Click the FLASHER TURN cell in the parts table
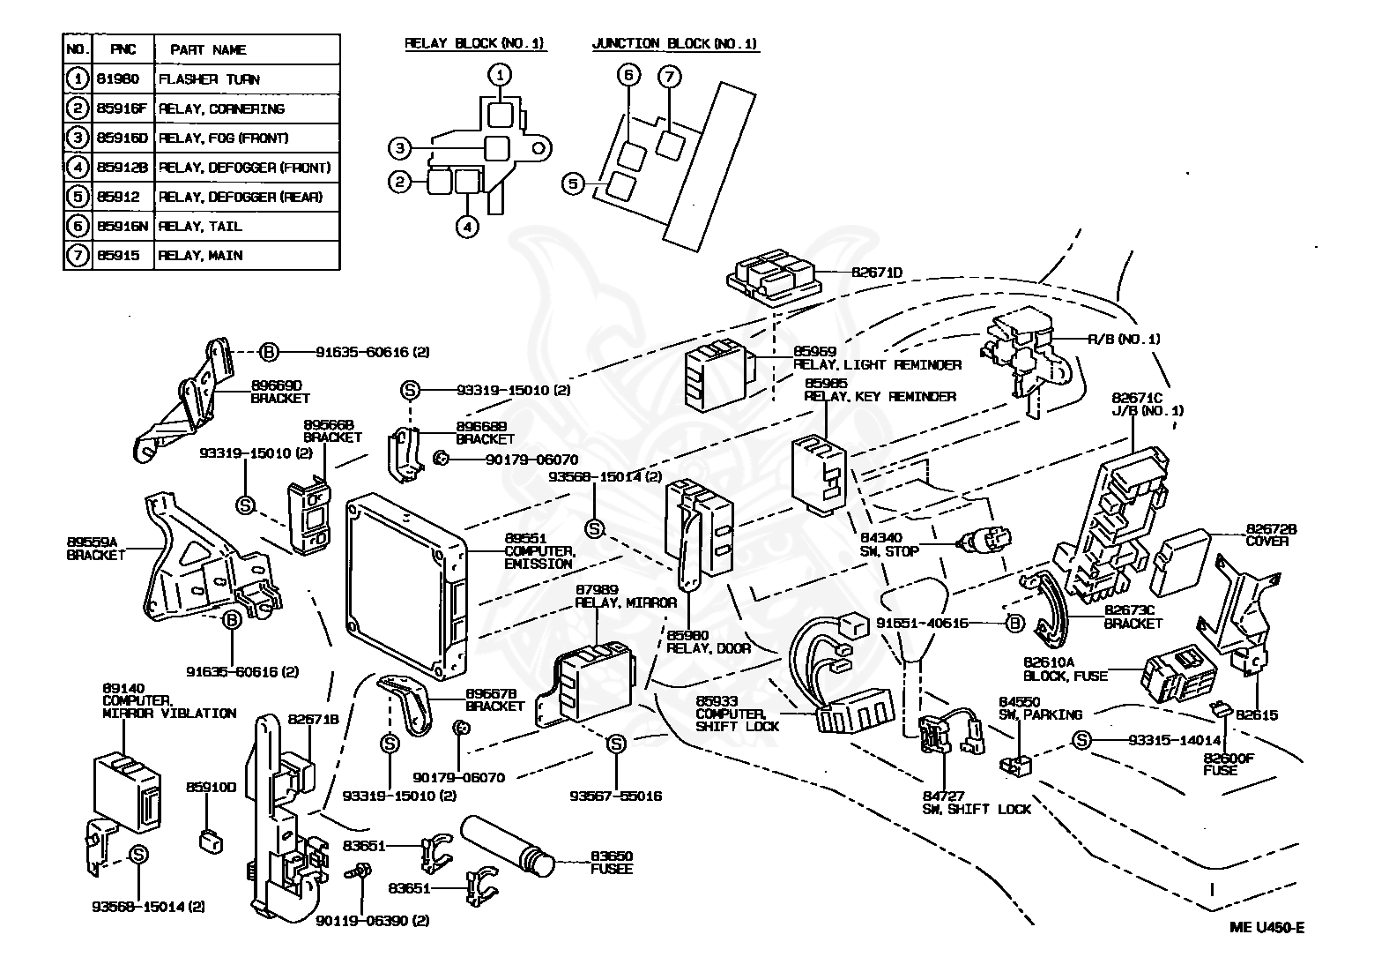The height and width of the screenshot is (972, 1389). point(209,79)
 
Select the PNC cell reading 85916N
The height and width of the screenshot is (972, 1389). point(123,227)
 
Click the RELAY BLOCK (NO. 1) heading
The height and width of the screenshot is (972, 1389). point(474,43)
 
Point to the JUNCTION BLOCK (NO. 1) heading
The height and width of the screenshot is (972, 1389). point(674,43)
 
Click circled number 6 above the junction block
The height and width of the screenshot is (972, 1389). point(629,77)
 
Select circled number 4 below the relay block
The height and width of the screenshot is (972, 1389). point(467,227)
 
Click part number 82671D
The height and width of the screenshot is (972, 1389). point(876,273)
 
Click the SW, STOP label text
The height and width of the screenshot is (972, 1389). point(888,551)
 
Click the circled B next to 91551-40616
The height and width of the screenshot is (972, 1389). point(1015,624)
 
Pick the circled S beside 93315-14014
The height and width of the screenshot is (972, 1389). point(1082,741)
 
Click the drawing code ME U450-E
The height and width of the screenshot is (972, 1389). point(1266,927)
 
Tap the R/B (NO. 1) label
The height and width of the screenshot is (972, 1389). point(1124,339)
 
